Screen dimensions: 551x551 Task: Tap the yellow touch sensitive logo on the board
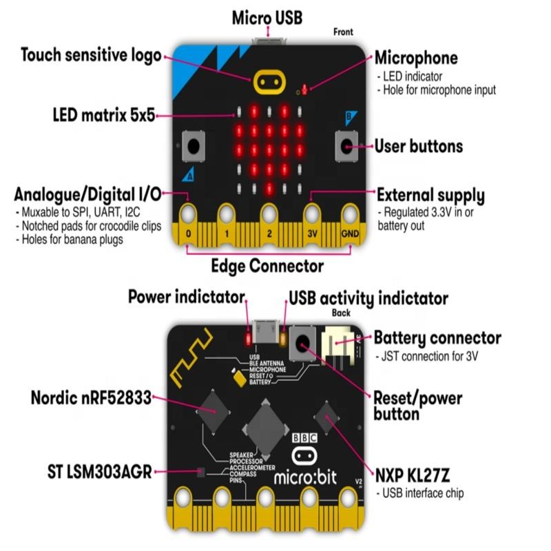tap(268, 81)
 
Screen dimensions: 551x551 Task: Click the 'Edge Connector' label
tap(268, 265)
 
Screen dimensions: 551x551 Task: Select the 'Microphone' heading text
tap(416, 58)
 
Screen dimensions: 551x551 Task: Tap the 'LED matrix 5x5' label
tap(103, 114)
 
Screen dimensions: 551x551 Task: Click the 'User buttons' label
tap(418, 146)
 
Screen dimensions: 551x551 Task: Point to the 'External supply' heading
tap(430, 195)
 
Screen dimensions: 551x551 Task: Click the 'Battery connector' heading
tap(437, 338)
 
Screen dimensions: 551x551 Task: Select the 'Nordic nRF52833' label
tap(91, 398)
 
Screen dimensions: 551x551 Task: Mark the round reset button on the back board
tap(302, 342)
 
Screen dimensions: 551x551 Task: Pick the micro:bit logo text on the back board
tap(306, 477)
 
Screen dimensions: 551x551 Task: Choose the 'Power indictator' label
tap(186, 298)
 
